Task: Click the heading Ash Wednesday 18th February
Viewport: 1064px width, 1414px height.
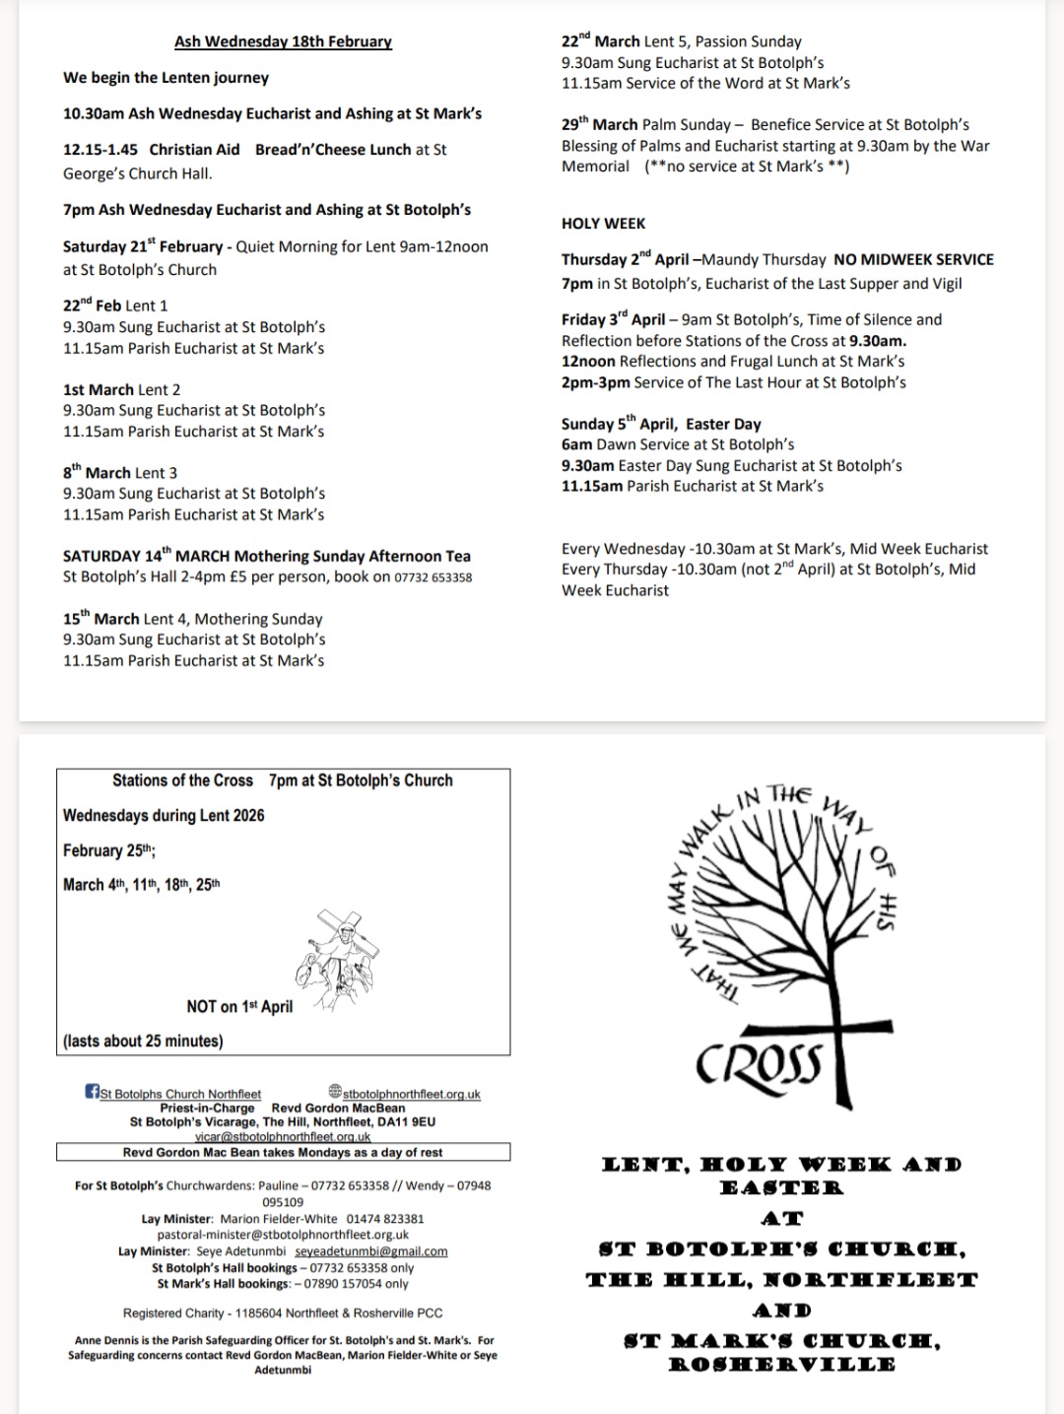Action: (283, 41)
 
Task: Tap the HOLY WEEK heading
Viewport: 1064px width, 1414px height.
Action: (603, 224)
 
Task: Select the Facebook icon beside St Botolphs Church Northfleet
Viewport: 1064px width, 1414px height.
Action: (93, 1092)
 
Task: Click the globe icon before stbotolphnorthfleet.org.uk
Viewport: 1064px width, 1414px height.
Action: (335, 1092)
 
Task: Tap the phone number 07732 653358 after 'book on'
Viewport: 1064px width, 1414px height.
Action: (432, 577)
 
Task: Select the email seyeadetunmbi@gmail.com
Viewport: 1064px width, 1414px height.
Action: (371, 1251)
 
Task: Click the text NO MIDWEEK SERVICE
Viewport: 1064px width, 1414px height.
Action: (913, 259)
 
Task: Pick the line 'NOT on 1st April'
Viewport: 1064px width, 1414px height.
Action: (239, 1006)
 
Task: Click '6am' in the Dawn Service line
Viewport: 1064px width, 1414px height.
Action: (576, 444)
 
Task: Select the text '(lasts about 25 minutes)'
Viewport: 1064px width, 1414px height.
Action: (143, 1041)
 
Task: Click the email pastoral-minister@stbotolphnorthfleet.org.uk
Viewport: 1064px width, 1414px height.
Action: (283, 1235)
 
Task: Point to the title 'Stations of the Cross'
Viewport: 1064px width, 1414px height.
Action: (182, 780)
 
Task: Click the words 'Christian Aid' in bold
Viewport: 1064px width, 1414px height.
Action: (194, 150)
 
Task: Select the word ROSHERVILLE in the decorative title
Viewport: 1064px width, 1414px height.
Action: (782, 1365)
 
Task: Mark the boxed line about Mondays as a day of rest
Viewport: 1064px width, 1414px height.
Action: (283, 1152)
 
